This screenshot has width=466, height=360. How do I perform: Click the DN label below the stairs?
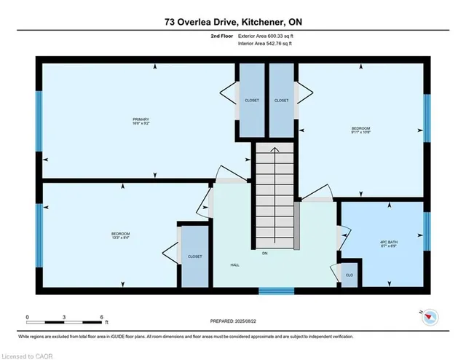(275, 254)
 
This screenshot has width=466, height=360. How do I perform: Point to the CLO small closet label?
(349, 275)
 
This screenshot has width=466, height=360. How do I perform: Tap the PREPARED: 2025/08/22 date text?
(232, 319)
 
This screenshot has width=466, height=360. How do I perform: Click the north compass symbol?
(431, 316)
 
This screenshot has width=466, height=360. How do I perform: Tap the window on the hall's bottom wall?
(277, 291)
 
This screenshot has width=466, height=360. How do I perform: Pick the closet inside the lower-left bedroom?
(194, 257)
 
